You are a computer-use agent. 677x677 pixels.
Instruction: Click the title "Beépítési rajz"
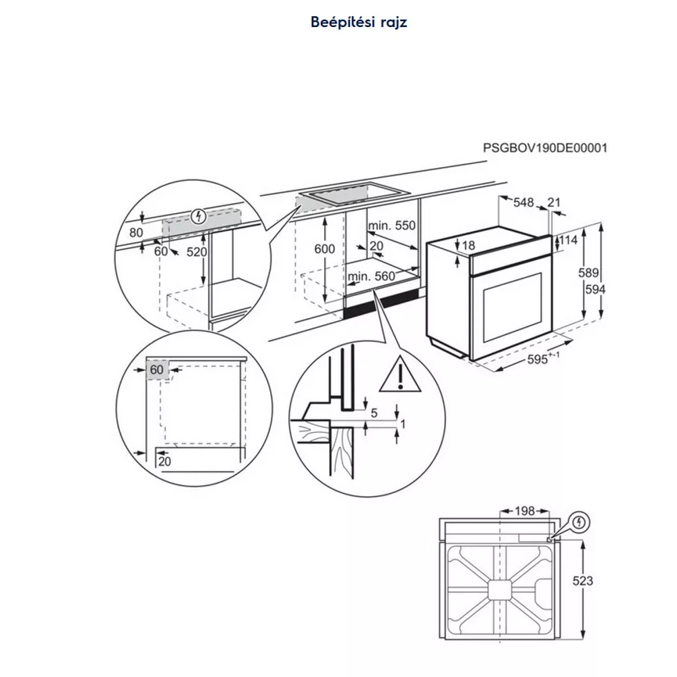[359, 22]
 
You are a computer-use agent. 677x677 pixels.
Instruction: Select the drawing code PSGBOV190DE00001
[545, 148]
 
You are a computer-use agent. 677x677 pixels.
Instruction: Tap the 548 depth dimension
[523, 202]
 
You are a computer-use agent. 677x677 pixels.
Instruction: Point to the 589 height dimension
[588, 273]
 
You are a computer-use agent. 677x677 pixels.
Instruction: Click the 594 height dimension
[595, 290]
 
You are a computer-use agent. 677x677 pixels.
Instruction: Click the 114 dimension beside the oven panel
[568, 240]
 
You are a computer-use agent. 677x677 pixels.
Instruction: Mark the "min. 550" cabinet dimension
[391, 225]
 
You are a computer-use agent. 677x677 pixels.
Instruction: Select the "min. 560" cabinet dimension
[372, 276]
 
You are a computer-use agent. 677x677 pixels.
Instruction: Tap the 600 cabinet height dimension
[325, 248]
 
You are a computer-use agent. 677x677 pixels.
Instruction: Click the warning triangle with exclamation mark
[400, 374]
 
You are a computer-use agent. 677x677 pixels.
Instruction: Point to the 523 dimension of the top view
[583, 581]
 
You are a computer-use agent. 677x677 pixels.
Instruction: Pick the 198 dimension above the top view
[525, 511]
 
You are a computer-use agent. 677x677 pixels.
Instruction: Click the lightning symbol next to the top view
[579, 523]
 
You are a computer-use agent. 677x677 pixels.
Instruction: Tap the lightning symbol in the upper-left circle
[198, 217]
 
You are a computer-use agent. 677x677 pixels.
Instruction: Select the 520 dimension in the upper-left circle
[197, 252]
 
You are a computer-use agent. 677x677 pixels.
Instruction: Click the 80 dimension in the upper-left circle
[136, 232]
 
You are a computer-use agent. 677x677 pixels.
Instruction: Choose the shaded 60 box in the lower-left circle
[157, 370]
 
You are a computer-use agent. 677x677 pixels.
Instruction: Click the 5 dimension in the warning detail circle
[374, 413]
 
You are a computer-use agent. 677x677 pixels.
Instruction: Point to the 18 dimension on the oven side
[468, 245]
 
